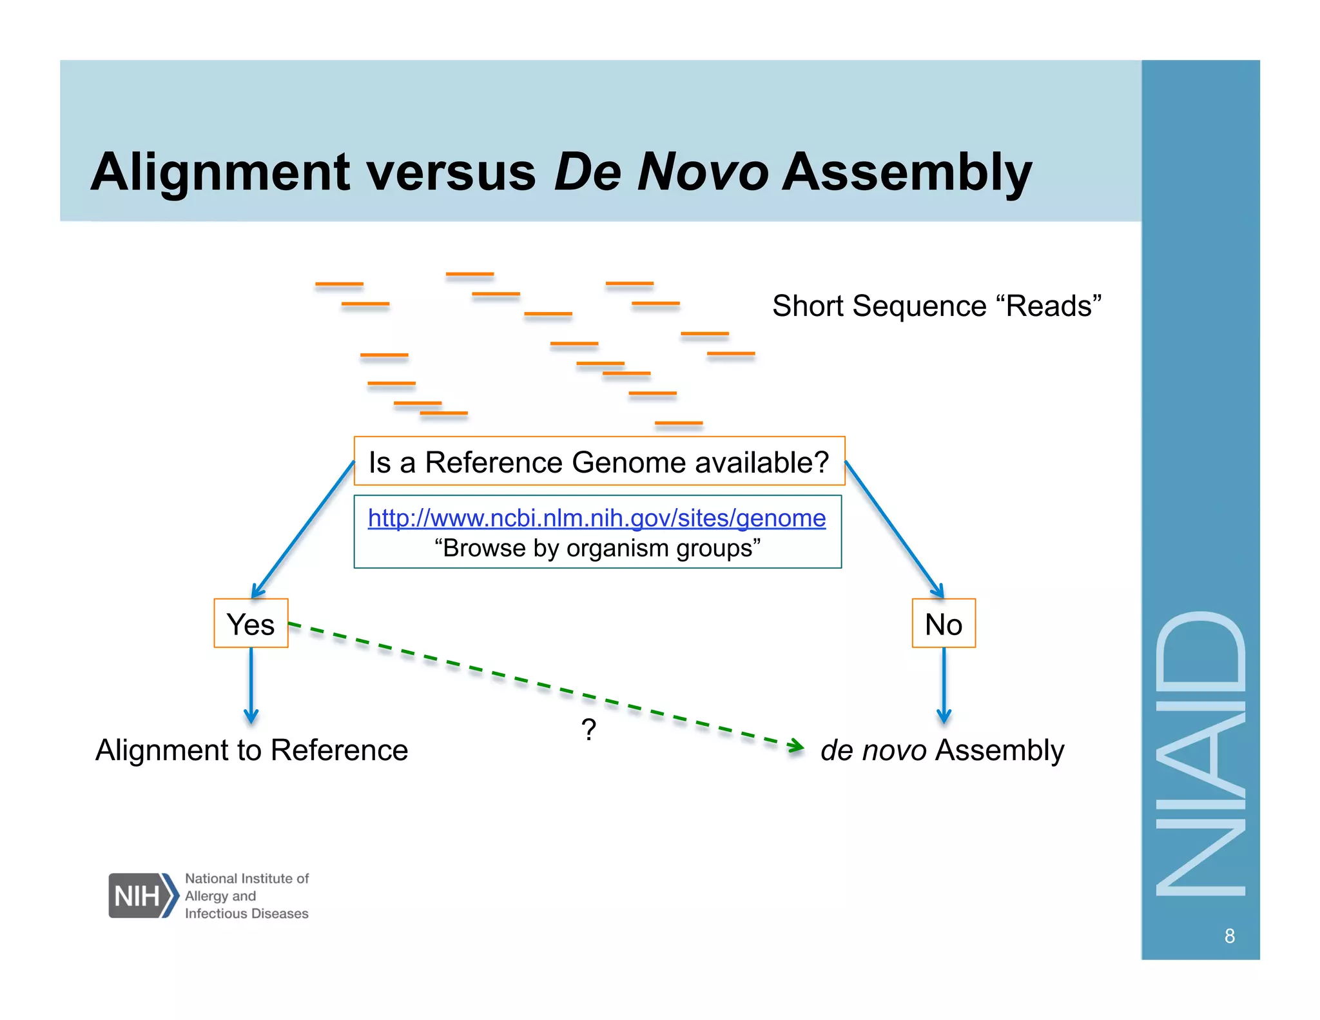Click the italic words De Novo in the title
pyautogui.click(x=661, y=172)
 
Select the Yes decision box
pyautogui.click(x=251, y=623)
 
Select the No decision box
pyautogui.click(x=943, y=623)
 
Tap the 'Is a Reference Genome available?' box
pyautogui.click(x=599, y=462)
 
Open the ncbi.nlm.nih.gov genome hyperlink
pyautogui.click(x=596, y=518)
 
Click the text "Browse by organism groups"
pyautogui.click(x=597, y=549)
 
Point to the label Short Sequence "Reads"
pyautogui.click(x=936, y=306)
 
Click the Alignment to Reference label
pyautogui.click(x=251, y=750)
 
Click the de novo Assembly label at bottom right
pyautogui.click(x=942, y=750)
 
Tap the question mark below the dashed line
pyautogui.click(x=588, y=730)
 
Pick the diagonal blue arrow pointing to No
pyautogui.click(x=893, y=529)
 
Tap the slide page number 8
pyautogui.click(x=1229, y=936)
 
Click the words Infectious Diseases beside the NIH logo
pyautogui.click(x=246, y=914)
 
